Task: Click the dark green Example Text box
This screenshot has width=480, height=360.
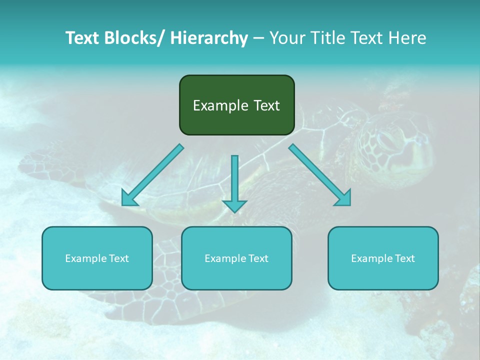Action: pyautogui.click(x=236, y=105)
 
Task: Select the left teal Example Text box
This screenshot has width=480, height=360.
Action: pyautogui.click(x=97, y=258)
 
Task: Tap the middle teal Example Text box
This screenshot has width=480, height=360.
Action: pyautogui.click(x=236, y=258)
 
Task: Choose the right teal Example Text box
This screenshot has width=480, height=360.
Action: pyautogui.click(x=383, y=258)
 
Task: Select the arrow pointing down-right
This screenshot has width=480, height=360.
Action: pyautogui.click(x=320, y=175)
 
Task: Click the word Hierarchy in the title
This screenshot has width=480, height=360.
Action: pyautogui.click(x=208, y=38)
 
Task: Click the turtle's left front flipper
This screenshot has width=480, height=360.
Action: pyautogui.click(x=55, y=160)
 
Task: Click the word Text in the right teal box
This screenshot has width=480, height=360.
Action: pyautogui.click(x=405, y=258)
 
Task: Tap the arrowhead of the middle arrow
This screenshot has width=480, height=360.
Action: pyautogui.click(x=234, y=205)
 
